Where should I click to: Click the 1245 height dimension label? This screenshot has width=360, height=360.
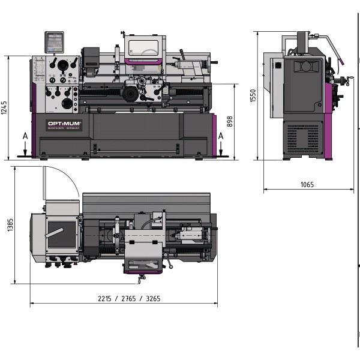coord(5,107)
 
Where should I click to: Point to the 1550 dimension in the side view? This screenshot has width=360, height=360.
coord(253,95)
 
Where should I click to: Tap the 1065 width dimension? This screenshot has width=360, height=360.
coord(307,185)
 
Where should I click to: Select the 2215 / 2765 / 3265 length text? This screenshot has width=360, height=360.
coord(124,298)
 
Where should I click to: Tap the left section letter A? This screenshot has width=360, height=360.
coord(25,136)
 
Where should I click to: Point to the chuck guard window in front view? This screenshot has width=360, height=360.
coord(145,47)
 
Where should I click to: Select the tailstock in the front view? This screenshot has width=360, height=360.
coord(191,67)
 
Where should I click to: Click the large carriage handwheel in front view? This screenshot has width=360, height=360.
coord(130,93)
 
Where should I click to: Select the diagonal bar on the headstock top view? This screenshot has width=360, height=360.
coord(59,230)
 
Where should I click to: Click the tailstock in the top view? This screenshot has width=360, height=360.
coord(189,232)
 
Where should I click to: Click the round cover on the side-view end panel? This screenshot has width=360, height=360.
coord(305,65)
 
